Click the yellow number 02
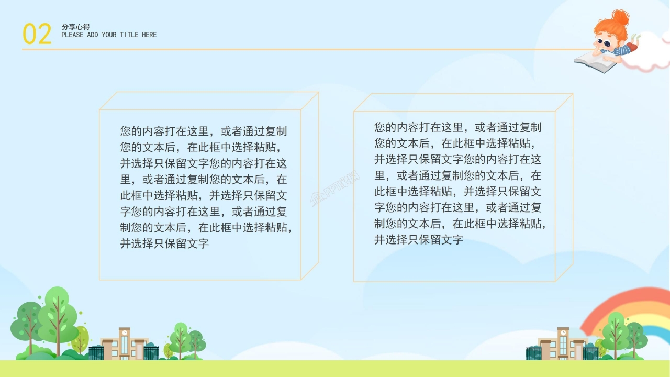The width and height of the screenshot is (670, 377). [37, 34]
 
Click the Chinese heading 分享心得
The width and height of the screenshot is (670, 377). [75, 27]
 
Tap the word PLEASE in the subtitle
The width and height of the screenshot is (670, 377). [72, 35]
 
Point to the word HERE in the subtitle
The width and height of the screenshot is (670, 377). [149, 35]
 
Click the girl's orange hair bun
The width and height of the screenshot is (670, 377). [621, 17]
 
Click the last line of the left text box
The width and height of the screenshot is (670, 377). [164, 243]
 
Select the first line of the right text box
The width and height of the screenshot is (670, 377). [457, 127]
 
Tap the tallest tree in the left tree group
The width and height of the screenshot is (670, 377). [57, 314]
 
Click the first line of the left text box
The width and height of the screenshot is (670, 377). [204, 131]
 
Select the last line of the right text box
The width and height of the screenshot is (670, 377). [418, 240]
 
